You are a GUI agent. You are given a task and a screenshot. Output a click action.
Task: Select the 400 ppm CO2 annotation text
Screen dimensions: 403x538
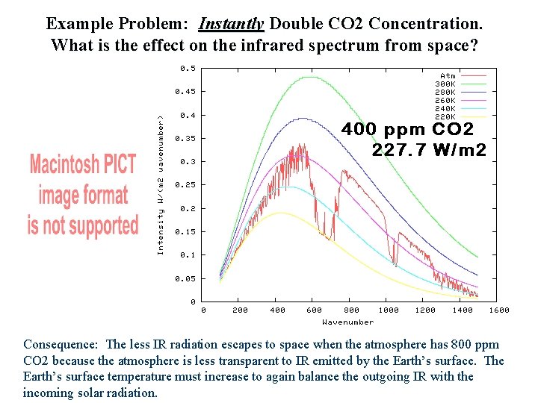(407, 129)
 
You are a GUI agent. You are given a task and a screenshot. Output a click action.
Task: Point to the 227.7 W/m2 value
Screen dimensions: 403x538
(429, 150)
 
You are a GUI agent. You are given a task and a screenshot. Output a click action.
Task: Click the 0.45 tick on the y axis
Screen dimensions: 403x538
(185, 92)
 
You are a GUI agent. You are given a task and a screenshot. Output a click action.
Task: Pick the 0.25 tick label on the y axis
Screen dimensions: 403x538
(185, 185)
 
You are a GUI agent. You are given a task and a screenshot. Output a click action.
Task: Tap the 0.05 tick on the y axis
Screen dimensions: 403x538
(185, 278)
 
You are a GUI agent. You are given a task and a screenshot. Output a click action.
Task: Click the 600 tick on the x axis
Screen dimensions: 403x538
(314, 310)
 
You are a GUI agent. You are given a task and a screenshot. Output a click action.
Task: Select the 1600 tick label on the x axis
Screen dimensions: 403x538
(498, 310)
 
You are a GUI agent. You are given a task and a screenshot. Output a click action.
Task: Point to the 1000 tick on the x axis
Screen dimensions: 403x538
(388, 310)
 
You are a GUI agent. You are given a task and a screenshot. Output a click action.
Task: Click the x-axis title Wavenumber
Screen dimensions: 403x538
(347, 322)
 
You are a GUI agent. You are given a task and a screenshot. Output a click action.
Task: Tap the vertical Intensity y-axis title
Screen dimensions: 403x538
(160, 184)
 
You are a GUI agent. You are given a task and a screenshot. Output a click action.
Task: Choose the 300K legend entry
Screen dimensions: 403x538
(445, 84)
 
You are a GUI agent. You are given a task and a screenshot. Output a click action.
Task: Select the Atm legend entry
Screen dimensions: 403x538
(448, 75)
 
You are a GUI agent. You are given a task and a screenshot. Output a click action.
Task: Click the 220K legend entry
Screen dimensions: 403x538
(445, 116)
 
